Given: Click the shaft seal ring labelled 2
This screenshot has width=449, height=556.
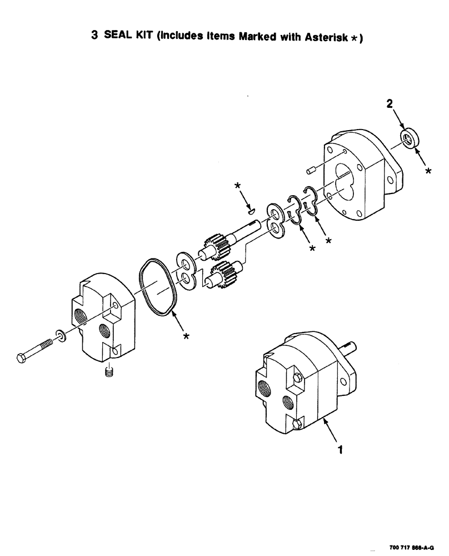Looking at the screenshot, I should pyautogui.click(x=408, y=138).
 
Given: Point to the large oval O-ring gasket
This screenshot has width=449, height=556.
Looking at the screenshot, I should pyautogui.click(x=159, y=287).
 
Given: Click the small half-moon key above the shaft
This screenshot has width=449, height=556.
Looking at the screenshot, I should pyautogui.click(x=251, y=211).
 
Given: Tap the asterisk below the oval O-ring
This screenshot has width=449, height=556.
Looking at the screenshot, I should pyautogui.click(x=187, y=336).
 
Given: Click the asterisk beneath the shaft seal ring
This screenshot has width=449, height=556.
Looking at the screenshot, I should pyautogui.click(x=428, y=172).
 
